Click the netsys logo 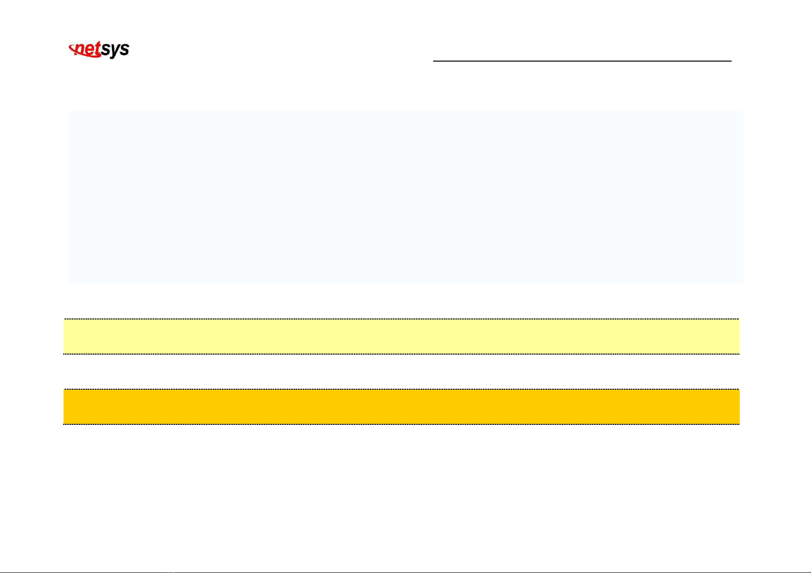pyautogui.click(x=100, y=50)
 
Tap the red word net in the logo pyautogui.click(x=87, y=50)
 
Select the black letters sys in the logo pyautogui.click(x=116, y=50)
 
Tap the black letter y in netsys pyautogui.click(x=116, y=51)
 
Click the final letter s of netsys pyautogui.click(x=124, y=50)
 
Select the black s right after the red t pyautogui.click(x=105, y=50)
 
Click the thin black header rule pyautogui.click(x=582, y=61)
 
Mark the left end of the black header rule pyautogui.click(x=434, y=61)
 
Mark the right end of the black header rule pyautogui.click(x=731, y=61)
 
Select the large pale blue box pyautogui.click(x=405, y=197)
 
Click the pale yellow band pyautogui.click(x=401, y=336)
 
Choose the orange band pyautogui.click(x=401, y=407)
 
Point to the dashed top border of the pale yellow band pyautogui.click(x=401, y=319)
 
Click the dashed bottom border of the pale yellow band pyautogui.click(x=401, y=354)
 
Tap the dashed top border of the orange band pyautogui.click(x=401, y=389)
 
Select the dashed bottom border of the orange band pyautogui.click(x=401, y=424)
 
